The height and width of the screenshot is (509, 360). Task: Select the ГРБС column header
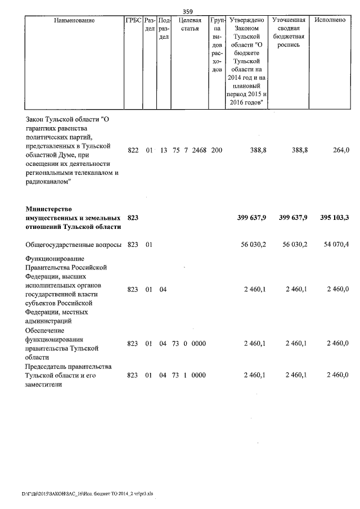133,20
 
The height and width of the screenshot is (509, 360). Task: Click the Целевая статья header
190,24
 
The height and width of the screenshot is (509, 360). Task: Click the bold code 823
133,218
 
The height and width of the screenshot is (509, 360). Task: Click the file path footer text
87,493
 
